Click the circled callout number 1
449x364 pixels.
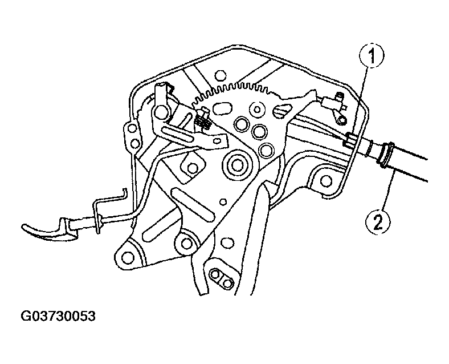click(x=372, y=56)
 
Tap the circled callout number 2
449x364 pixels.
click(x=378, y=222)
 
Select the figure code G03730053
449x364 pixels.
click(x=58, y=316)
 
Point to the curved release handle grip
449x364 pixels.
click(x=49, y=230)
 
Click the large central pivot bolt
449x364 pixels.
click(x=236, y=165)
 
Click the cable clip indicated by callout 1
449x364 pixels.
click(x=350, y=140)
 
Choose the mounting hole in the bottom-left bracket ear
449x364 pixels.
click(x=128, y=257)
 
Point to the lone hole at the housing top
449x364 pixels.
click(x=220, y=75)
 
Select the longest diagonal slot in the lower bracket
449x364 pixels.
click(x=193, y=205)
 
